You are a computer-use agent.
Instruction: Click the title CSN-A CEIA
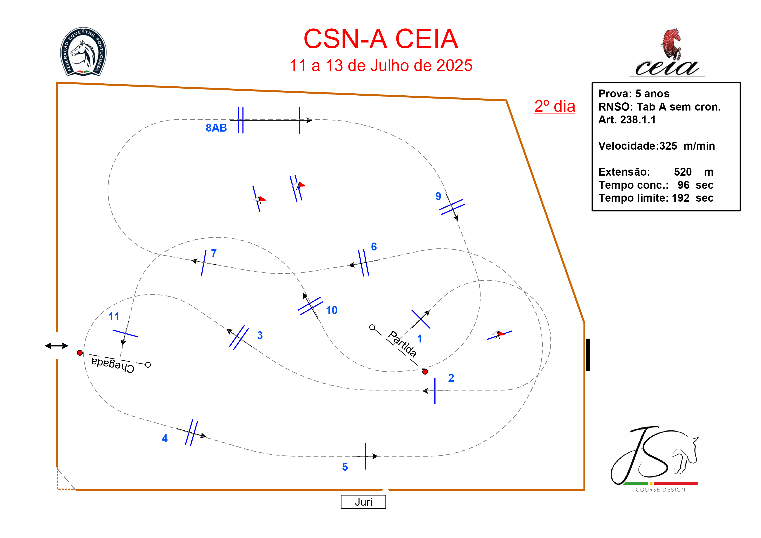tap(381, 39)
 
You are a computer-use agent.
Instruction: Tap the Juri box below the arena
tap(363, 502)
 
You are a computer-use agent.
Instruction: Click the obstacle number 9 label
tap(438, 196)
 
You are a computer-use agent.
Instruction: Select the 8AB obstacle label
tap(216, 128)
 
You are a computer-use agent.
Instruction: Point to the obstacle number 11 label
tap(114, 316)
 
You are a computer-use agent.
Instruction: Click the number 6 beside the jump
tap(374, 247)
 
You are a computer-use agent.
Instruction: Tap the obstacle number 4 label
tap(165, 439)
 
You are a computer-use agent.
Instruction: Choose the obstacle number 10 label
tap(331, 310)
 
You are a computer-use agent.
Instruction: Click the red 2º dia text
tap(554, 106)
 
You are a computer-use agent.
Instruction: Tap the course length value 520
tap(683, 172)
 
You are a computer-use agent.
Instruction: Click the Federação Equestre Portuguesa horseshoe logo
tap(83, 52)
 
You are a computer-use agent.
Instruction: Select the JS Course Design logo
tap(655, 459)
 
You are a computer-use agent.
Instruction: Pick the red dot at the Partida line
tap(425, 372)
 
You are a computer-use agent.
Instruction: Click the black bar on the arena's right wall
tap(588, 355)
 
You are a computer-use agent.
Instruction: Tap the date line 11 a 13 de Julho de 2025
tap(381, 66)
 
